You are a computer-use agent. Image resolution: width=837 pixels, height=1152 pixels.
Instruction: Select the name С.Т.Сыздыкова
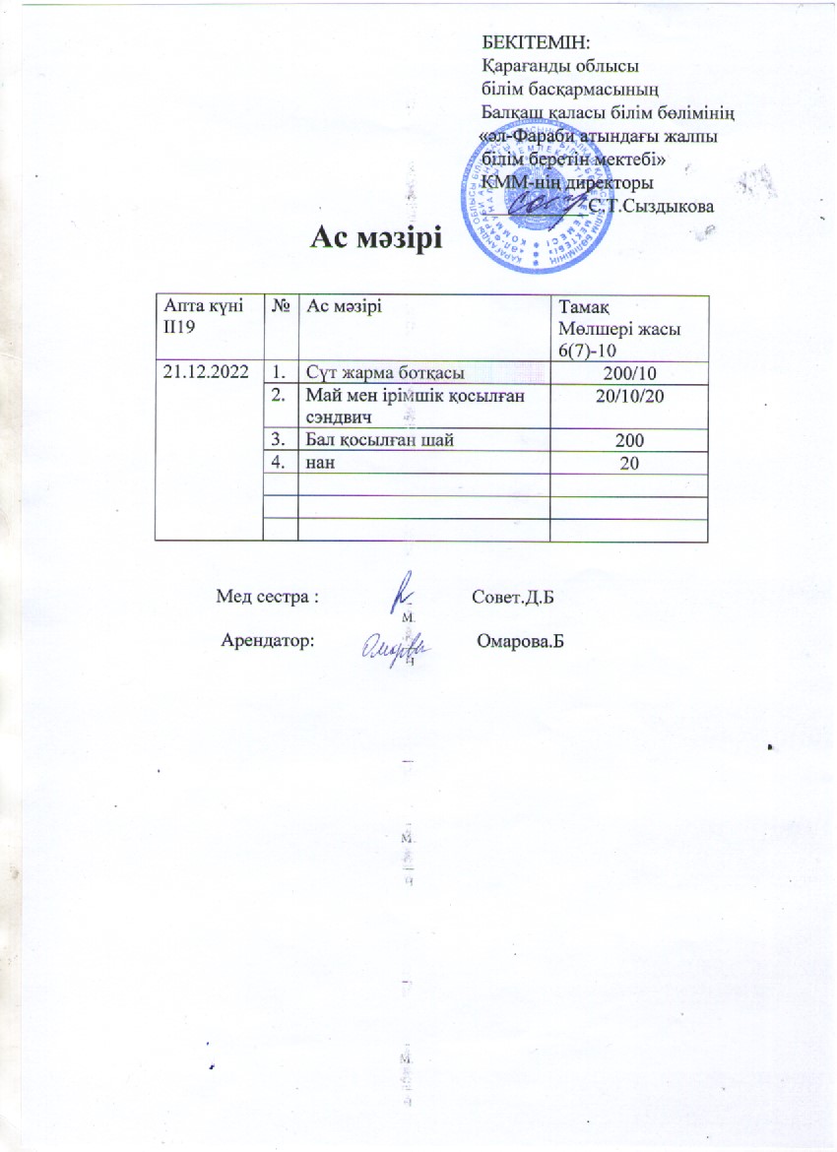(652, 205)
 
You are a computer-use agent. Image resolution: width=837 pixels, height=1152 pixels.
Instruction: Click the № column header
(282, 307)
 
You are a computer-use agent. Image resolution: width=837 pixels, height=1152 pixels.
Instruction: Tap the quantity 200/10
(627, 372)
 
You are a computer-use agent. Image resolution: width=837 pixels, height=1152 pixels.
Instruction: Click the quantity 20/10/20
(627, 395)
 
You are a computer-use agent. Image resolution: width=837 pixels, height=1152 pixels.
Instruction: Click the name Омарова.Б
(520, 641)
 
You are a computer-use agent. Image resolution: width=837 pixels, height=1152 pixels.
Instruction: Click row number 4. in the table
(281, 463)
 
